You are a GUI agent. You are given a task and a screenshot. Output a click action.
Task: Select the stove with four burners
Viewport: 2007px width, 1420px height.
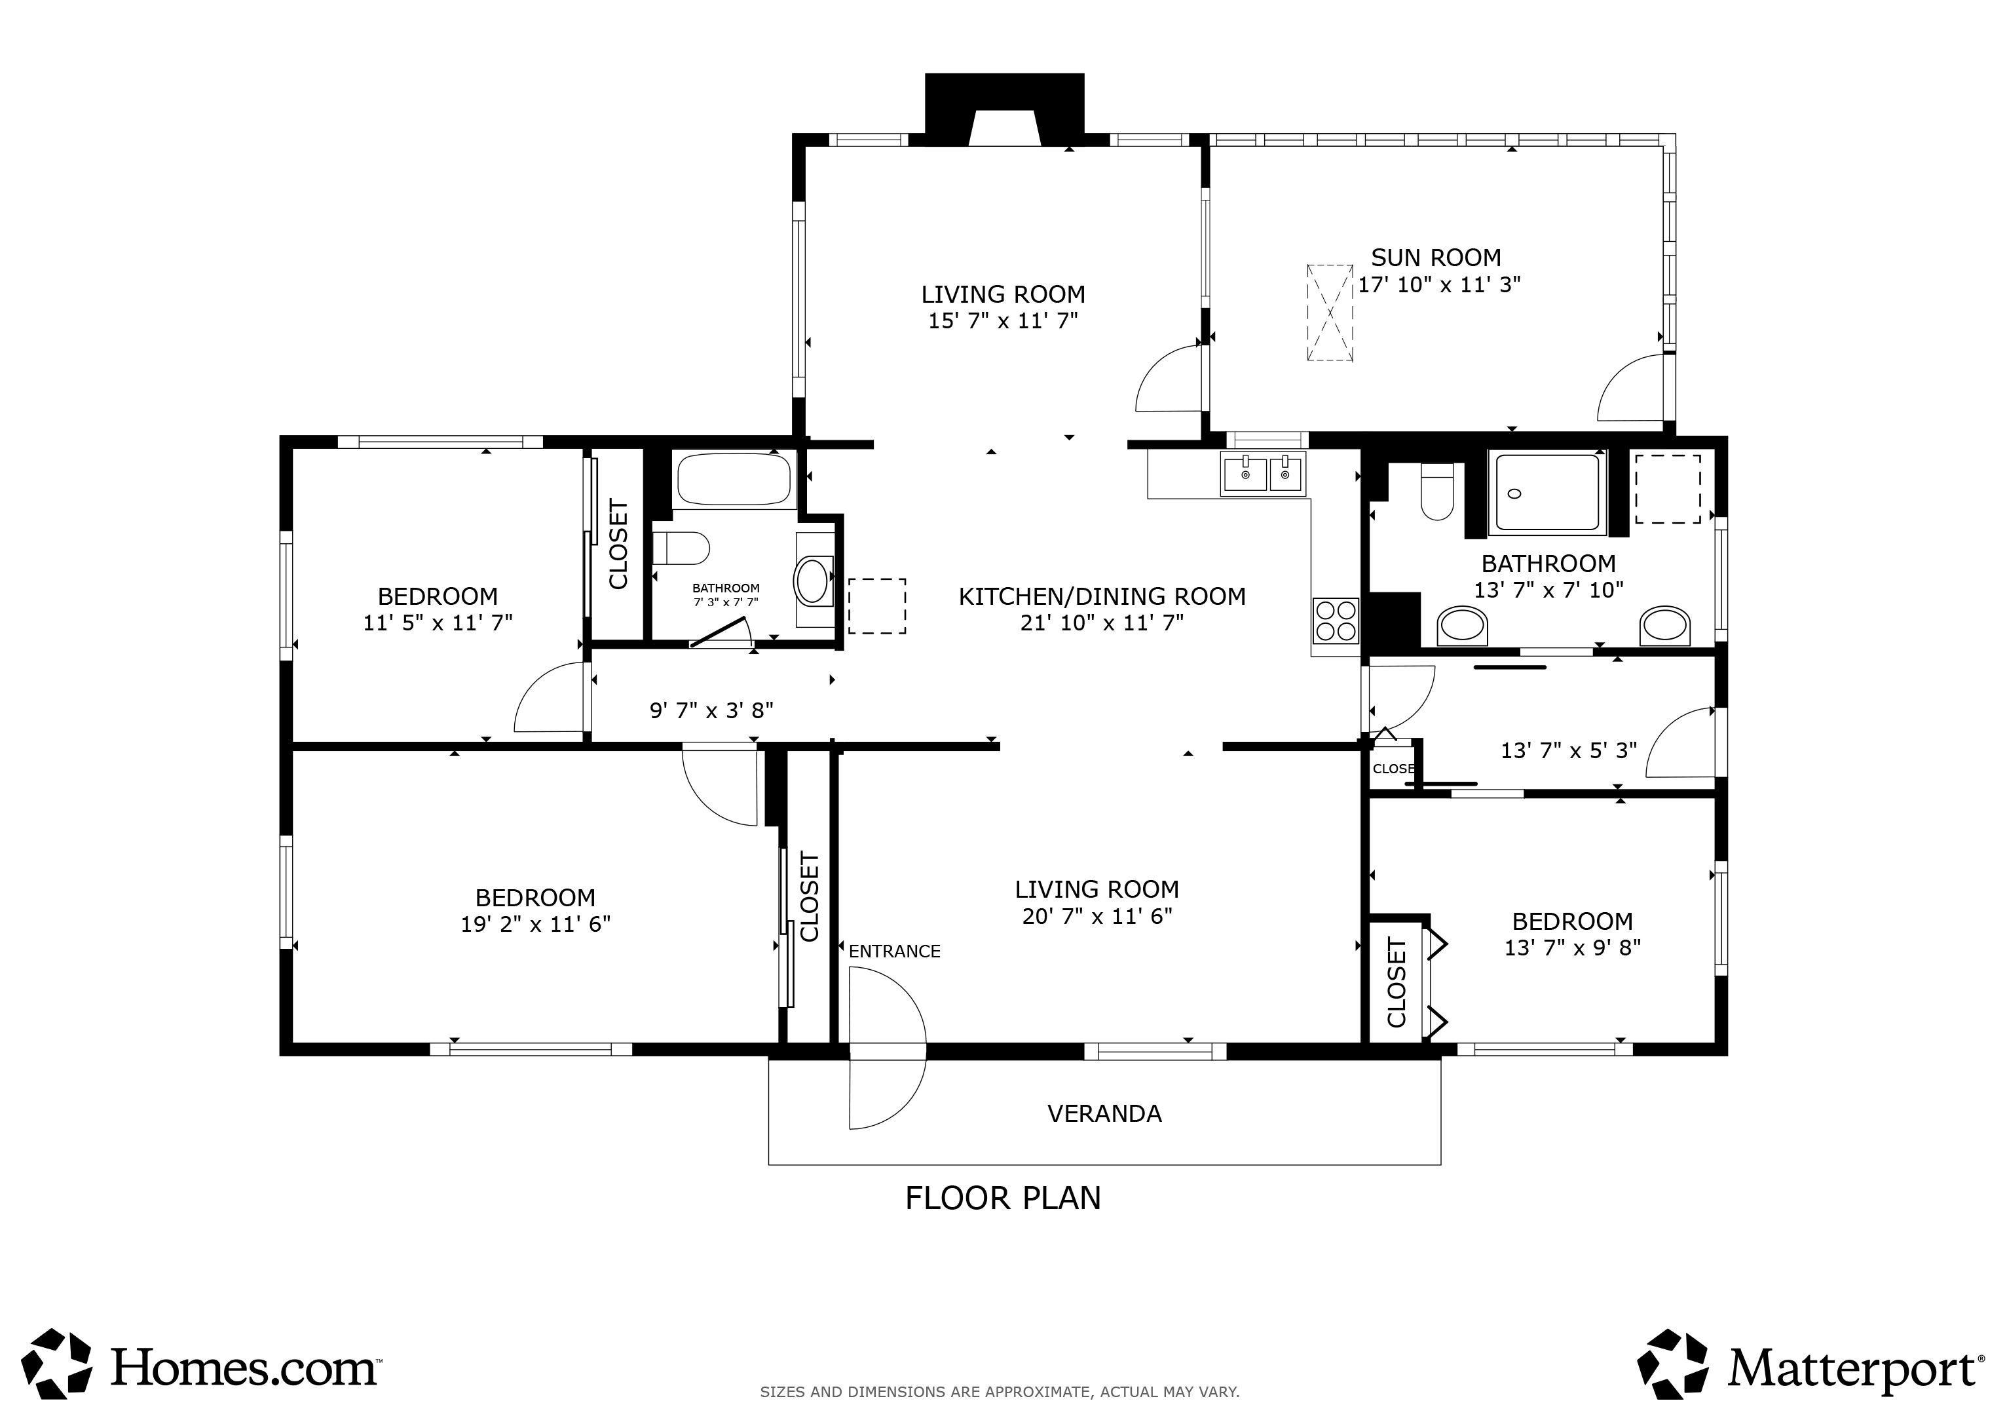pyautogui.click(x=1335, y=620)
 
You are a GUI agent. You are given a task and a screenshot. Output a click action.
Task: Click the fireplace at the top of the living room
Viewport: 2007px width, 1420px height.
pyautogui.click(x=1004, y=109)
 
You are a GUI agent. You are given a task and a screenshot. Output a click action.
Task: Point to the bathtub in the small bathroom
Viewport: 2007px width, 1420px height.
pyautogui.click(x=734, y=479)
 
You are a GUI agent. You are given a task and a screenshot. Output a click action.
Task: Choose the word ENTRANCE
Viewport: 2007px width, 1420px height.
pyautogui.click(x=894, y=951)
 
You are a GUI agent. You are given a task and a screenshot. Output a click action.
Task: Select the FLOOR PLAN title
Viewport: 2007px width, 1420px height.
pyautogui.click(x=1003, y=1198)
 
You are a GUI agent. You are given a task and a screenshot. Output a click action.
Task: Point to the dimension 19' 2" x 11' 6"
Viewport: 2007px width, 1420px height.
pyautogui.click(x=535, y=924)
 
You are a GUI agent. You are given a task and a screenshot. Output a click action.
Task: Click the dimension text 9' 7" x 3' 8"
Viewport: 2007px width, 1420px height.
pyautogui.click(x=711, y=710)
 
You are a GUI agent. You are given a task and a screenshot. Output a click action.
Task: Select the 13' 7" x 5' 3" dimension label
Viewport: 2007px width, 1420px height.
pyautogui.click(x=1568, y=750)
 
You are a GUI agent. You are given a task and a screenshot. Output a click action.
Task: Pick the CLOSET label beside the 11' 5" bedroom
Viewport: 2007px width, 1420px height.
pyautogui.click(x=618, y=544)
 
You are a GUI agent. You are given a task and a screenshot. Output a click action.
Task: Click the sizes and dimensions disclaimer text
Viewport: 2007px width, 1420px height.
pyautogui.click(x=999, y=1391)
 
